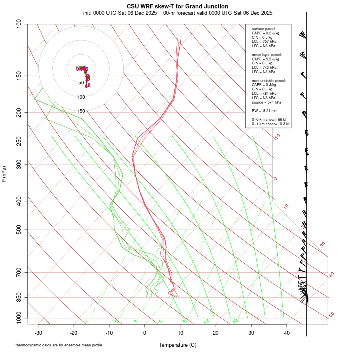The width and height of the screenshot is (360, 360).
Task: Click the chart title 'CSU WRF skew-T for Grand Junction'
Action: pyautogui.click(x=177, y=6)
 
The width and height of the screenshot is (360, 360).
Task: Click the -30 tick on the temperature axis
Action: pyautogui.click(x=38, y=333)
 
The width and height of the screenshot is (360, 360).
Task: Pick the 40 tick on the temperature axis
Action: pyautogui.click(x=286, y=333)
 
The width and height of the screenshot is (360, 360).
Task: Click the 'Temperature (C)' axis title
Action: pyautogui.click(x=177, y=345)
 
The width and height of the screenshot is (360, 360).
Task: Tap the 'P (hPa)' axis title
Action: pyautogui.click(x=4, y=174)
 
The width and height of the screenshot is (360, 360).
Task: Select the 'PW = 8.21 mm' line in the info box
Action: pyautogui.click(x=264, y=110)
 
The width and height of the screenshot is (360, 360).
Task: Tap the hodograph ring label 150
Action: pyautogui.click(x=81, y=111)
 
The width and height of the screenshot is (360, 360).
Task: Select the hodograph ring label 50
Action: pyautogui.click(x=81, y=83)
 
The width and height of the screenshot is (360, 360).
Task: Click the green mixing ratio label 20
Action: pyautogui.click(x=236, y=321)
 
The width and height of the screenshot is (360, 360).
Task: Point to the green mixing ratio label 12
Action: pyautogui.click(x=207, y=321)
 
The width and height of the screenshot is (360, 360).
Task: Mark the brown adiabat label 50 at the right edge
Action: pyautogui.click(x=331, y=314)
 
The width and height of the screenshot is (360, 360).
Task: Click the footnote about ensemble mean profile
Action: pyautogui.click(x=59, y=345)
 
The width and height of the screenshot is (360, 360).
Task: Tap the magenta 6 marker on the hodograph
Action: pyautogui.click(x=89, y=85)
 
